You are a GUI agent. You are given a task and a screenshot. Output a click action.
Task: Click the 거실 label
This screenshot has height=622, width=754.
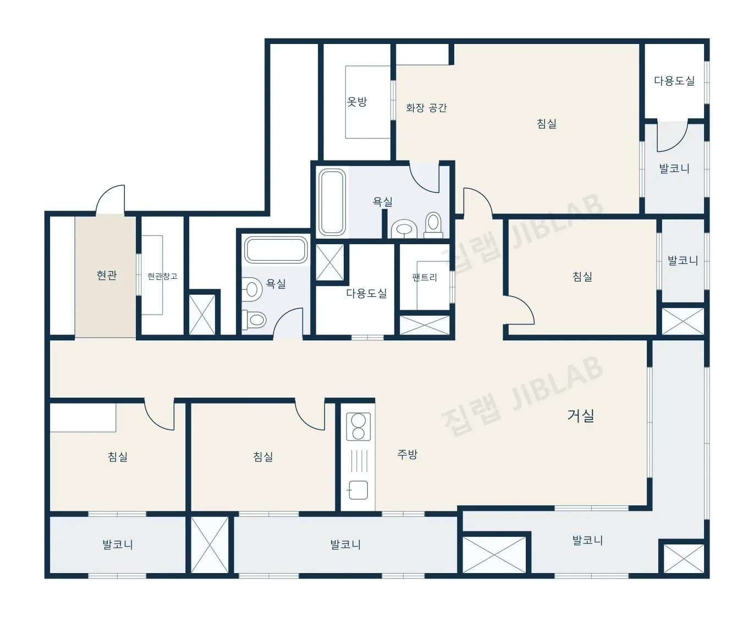pos(581,416)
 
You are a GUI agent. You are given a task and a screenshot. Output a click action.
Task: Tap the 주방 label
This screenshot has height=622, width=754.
pos(408,454)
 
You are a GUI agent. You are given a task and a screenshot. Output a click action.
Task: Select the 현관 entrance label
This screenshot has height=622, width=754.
pos(107,275)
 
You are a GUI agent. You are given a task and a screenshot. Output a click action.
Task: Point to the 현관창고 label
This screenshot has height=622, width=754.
pos(162,276)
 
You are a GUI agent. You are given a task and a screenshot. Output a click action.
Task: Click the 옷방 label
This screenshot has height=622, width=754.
pos(357,102)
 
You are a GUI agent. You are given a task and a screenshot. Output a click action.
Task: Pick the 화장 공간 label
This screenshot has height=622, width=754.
pos(426,108)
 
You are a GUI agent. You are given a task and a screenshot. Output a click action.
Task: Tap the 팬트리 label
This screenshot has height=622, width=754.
pos(425,277)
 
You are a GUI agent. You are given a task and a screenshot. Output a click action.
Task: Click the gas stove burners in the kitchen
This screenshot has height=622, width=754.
pos(358,427)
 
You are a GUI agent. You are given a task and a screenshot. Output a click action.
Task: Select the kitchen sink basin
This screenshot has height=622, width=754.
pos(358,490)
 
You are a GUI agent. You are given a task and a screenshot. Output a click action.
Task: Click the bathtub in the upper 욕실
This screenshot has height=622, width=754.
pos(332,202)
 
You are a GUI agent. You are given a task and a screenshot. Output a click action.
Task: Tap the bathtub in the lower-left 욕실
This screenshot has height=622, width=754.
pos(276,250)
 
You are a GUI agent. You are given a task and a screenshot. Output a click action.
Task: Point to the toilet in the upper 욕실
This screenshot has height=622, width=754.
pos(433,225)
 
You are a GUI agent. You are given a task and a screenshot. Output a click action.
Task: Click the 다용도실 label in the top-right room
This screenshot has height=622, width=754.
pos(674,80)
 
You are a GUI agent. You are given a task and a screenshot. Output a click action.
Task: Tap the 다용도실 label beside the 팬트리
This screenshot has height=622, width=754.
pos(366,293)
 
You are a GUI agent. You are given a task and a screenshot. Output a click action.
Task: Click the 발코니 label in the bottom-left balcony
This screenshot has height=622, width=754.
pos(118,544)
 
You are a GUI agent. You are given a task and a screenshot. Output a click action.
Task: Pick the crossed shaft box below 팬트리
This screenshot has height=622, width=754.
pos(425,325)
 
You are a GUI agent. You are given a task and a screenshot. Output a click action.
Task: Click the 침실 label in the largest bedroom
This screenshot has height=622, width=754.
pos(546,124)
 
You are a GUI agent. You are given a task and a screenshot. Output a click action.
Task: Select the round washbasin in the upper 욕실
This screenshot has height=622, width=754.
pos(404,229)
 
